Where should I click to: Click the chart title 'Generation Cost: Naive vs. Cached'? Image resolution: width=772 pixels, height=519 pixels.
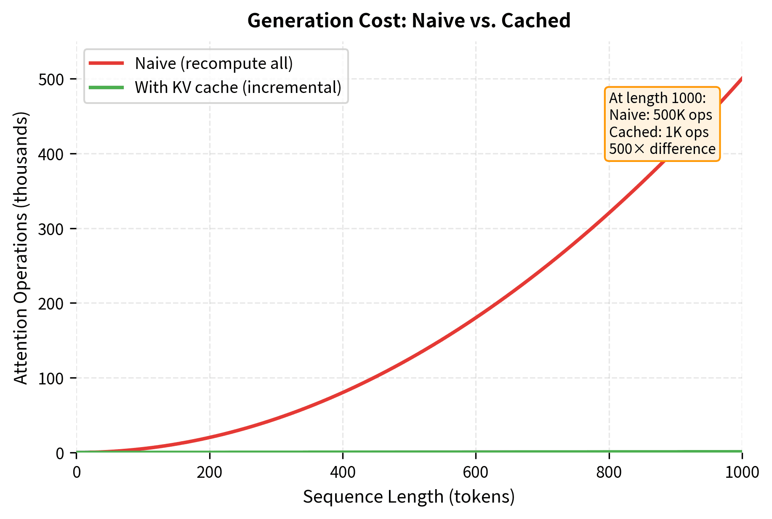pos(409,21)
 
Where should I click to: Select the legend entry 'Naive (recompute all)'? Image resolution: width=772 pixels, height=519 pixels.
pos(214,64)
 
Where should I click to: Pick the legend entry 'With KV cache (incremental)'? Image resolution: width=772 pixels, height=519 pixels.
pos(238,87)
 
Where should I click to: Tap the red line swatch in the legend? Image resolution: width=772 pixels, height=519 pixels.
pos(106,64)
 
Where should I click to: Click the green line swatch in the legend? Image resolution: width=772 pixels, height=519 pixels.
pos(106,87)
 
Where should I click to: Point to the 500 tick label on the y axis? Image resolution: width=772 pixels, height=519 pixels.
pos(51,79)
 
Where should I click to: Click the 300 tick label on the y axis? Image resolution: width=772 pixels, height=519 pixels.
pos(51,229)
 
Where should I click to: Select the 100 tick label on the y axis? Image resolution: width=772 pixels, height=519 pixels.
pos(51,378)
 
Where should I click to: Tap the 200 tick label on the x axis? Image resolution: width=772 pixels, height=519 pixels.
pos(210,472)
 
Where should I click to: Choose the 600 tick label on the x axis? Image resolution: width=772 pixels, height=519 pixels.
pos(476,472)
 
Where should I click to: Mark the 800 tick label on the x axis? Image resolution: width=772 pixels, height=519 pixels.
pos(609,472)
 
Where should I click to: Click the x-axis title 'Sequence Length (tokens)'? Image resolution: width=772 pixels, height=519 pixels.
pos(409,497)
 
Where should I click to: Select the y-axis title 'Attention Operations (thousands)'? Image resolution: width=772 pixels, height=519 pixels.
pos(21,248)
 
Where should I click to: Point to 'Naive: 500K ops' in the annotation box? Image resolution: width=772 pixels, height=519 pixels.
pos(660,115)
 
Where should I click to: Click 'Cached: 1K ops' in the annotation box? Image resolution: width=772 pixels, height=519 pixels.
pos(659,132)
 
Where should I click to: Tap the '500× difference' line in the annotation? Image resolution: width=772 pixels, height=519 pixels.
pos(662,149)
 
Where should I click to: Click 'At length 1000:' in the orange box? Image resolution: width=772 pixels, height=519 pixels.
pos(657,98)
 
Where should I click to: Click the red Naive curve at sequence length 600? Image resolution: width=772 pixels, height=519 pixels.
pos(476,318)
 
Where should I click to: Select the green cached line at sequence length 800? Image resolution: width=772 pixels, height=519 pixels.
pos(609,452)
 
